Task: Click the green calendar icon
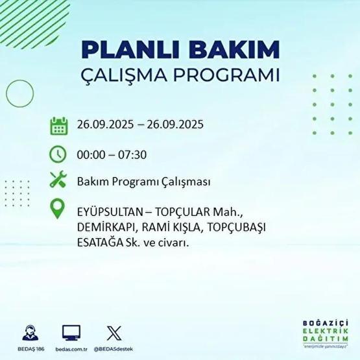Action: coord(58,125)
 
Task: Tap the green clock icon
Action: coord(58,154)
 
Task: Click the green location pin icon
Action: coord(58,209)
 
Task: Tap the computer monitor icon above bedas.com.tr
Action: coord(71,333)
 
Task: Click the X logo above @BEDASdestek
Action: coord(113,333)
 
